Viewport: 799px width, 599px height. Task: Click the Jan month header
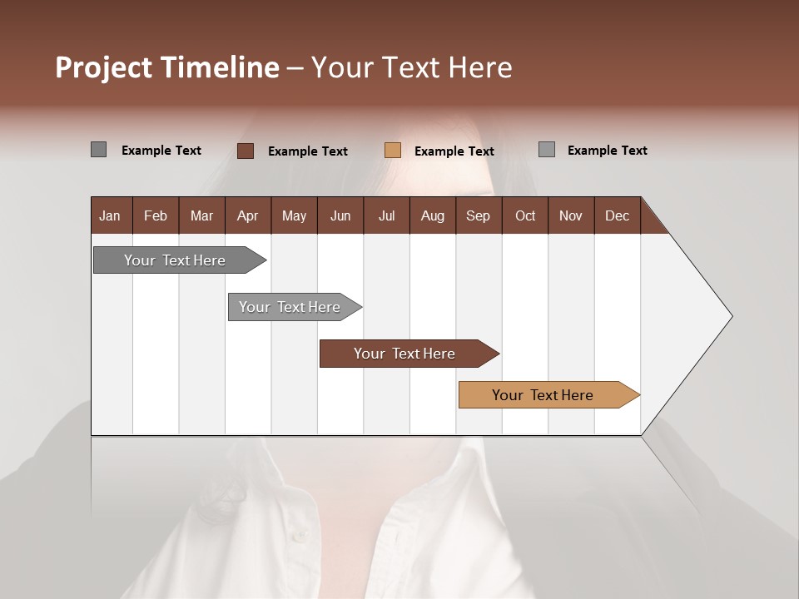pyautogui.click(x=110, y=215)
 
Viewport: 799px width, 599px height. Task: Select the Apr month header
pyautogui.click(x=247, y=215)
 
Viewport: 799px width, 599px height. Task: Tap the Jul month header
pyautogui.click(x=386, y=215)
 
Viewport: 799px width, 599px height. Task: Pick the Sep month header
pyautogui.click(x=478, y=215)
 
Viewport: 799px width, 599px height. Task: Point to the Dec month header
pyautogui.click(x=617, y=215)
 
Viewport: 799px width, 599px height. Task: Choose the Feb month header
pyautogui.click(x=156, y=215)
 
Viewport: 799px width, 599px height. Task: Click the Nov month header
pyautogui.click(x=570, y=215)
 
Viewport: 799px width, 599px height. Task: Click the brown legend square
pyautogui.click(x=245, y=151)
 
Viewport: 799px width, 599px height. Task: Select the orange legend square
pyautogui.click(x=393, y=151)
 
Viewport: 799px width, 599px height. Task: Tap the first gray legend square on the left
pyautogui.click(x=98, y=150)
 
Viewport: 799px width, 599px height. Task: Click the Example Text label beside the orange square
pyautogui.click(x=454, y=151)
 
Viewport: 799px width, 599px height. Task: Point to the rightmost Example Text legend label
pyautogui.click(x=607, y=151)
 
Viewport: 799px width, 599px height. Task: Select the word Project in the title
pyautogui.click(x=103, y=67)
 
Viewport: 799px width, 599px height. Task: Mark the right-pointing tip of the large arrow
pyautogui.click(x=730, y=316)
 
